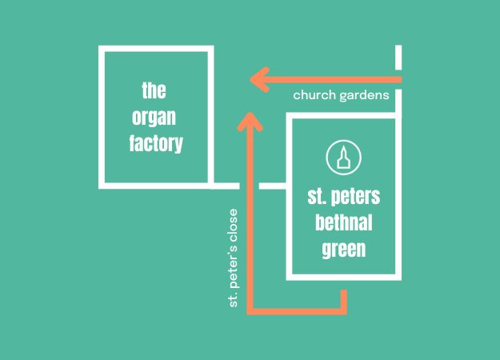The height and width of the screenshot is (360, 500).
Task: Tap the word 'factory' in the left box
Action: [x=156, y=144]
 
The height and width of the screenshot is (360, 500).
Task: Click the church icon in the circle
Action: [x=342, y=158]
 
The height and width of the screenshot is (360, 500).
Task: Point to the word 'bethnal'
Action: [x=343, y=222]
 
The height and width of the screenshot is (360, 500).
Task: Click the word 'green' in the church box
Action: [x=343, y=249]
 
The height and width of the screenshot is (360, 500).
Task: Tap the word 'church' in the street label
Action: [x=314, y=95]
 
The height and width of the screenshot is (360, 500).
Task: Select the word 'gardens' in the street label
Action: [x=366, y=95]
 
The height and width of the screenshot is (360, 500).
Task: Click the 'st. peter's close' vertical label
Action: [x=234, y=258]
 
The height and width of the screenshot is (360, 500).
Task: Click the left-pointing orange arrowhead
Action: [x=258, y=79]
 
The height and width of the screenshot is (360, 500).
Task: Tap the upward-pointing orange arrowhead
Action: [x=251, y=122]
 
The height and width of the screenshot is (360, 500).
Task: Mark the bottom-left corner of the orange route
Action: [x=251, y=308]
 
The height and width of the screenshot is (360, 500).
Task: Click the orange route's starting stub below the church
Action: [x=344, y=297]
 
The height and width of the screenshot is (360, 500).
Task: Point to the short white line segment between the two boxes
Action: [x=273, y=186]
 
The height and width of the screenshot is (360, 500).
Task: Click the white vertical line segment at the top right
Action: [x=398, y=58]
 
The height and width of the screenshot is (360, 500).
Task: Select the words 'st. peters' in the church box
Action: [x=343, y=195]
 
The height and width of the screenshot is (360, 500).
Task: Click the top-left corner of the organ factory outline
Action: [x=102, y=49]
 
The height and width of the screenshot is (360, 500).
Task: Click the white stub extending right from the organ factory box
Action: [x=225, y=186]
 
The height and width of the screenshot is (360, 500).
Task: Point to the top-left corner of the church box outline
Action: [x=289, y=117]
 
